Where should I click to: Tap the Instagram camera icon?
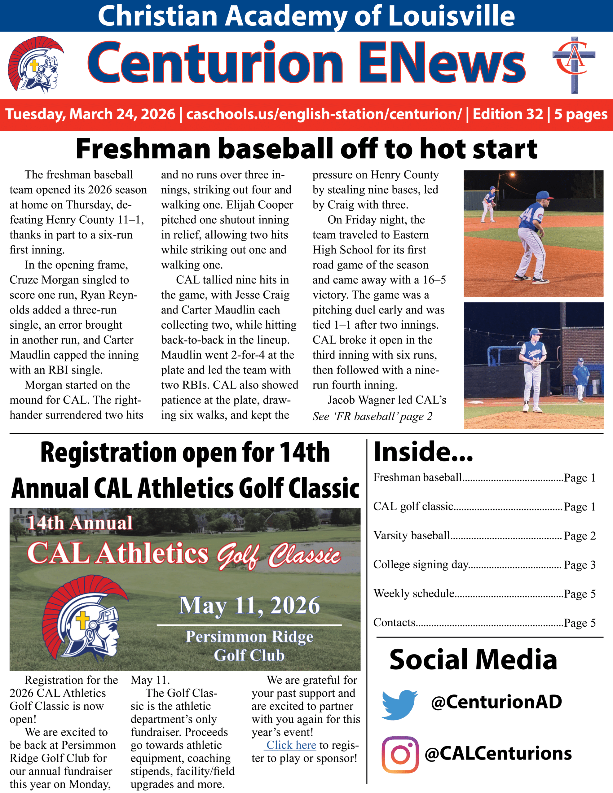tap(400, 754)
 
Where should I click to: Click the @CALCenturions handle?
tap(498, 753)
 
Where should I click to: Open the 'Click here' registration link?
tap(291, 745)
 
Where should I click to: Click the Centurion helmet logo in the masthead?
tap(35, 64)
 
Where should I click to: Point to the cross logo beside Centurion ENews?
tap(574, 65)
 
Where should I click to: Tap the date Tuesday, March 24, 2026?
tap(90, 114)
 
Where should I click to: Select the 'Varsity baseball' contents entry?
tap(412, 536)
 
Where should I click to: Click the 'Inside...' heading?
tap(423, 452)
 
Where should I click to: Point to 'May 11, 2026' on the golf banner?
tap(249, 605)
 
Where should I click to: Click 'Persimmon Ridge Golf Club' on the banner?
tap(249, 646)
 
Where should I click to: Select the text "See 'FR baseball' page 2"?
tap(372, 416)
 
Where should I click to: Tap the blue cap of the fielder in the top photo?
tap(543, 196)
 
